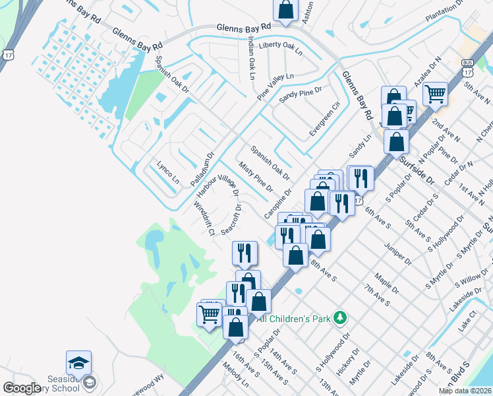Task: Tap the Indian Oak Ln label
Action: (x=251, y=58)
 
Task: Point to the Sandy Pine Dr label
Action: (x=300, y=95)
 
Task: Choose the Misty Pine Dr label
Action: (x=255, y=179)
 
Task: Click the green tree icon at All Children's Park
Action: (x=339, y=318)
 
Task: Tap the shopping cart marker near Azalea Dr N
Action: (x=435, y=94)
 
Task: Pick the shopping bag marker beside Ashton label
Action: (x=285, y=9)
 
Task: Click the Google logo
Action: (x=22, y=388)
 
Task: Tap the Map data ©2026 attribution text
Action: (x=465, y=391)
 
